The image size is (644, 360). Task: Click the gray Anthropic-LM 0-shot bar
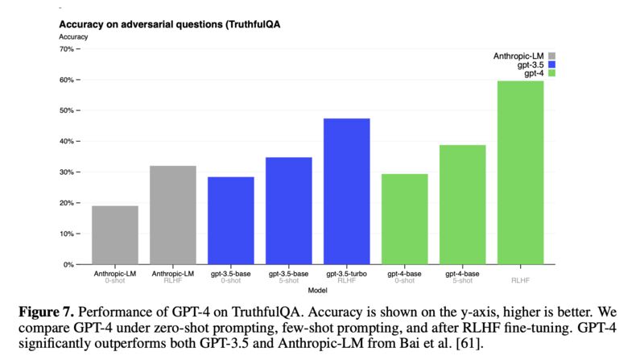(x=114, y=235)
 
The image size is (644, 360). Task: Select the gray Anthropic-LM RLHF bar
(x=173, y=215)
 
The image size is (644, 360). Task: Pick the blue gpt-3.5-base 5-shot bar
(x=289, y=211)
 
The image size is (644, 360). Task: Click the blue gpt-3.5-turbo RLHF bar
(x=347, y=192)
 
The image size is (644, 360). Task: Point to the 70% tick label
(x=68, y=49)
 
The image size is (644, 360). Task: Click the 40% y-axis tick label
(x=68, y=142)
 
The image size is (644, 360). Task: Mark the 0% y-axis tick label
(x=69, y=264)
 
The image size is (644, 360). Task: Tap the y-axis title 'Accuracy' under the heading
(x=74, y=37)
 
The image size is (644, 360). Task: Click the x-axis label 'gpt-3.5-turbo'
(x=347, y=274)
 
